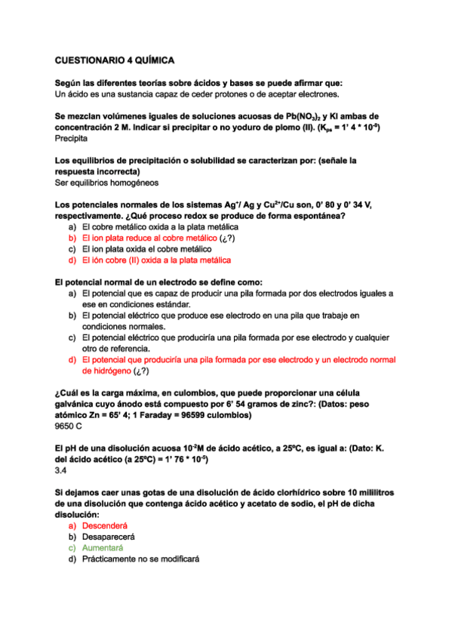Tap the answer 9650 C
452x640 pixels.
coord(69,426)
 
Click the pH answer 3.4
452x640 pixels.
coord(62,470)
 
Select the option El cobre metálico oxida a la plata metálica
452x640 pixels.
coord(160,226)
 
